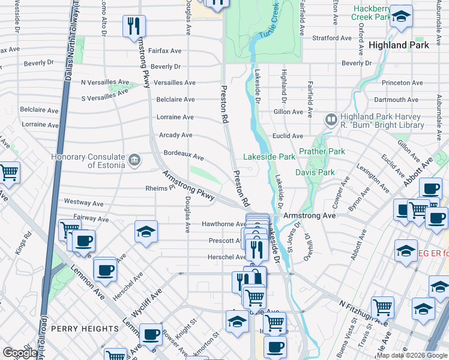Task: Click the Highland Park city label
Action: pyautogui.click(x=399, y=45)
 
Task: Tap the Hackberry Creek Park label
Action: pyautogui.click(x=372, y=13)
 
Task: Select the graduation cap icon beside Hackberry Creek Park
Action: pyautogui.click(x=402, y=17)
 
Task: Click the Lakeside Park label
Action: pyautogui.click(x=269, y=157)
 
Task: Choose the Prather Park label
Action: pyautogui.click(x=322, y=152)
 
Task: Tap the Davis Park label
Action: pyautogui.click(x=315, y=172)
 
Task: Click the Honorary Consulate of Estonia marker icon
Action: pyautogui.click(x=134, y=160)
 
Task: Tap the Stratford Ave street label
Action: pyautogui.click(x=331, y=38)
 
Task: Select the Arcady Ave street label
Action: pyautogui.click(x=175, y=135)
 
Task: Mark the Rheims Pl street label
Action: pyautogui.click(x=160, y=187)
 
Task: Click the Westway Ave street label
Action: pyautogui.click(x=76, y=202)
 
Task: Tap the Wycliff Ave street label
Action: pyautogui.click(x=147, y=304)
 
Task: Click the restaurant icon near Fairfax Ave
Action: pyautogui.click(x=133, y=26)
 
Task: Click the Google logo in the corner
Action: pyautogui.click(x=20, y=353)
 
